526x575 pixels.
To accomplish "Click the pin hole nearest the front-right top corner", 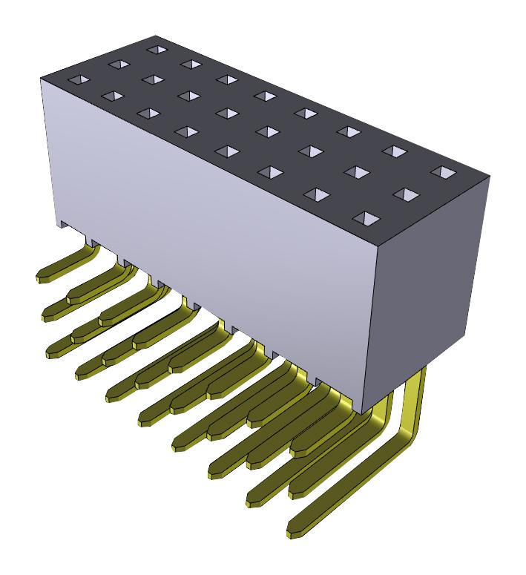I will point(364,218).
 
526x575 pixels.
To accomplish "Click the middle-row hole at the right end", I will point(405,194).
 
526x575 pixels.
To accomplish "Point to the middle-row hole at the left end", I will point(116,65).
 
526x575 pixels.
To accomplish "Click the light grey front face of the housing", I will point(215,245).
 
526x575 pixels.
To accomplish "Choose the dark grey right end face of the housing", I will point(430,282).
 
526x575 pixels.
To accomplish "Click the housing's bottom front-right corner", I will point(361,413).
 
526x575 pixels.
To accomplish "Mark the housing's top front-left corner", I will point(41,79).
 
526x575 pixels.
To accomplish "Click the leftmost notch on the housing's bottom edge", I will point(64,223).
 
